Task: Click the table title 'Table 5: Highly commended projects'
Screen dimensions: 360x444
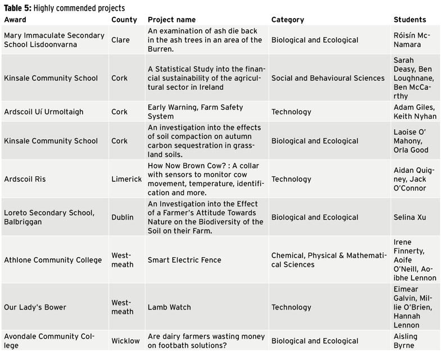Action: [65, 8]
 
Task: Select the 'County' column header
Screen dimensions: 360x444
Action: [124, 20]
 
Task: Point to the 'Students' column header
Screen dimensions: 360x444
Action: [410, 20]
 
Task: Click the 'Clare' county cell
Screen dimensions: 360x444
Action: [120, 40]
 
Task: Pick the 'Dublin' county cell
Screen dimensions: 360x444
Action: [123, 217]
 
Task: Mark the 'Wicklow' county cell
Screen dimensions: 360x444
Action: [125, 341]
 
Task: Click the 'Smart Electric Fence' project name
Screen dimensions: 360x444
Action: [184, 260]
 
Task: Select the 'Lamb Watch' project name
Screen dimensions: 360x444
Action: [169, 307]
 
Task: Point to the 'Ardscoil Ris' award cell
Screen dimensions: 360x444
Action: [25, 179]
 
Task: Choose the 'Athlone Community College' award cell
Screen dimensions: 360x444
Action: [53, 260]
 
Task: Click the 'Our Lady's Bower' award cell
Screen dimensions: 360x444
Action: [35, 307]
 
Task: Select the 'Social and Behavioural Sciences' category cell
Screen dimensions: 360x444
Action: [328, 78]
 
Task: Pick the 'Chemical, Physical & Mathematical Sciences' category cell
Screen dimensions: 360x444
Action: [329, 260]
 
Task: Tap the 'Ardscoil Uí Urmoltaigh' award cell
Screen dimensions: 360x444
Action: [43, 112]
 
